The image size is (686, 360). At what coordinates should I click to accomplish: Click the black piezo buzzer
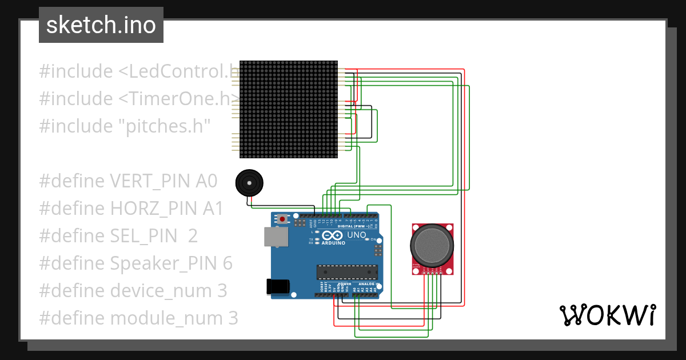[250, 183]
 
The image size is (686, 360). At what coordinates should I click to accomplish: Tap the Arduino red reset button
[282, 219]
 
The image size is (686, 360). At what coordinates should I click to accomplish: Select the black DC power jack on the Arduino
[277, 286]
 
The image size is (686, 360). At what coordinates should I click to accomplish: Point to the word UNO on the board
[357, 235]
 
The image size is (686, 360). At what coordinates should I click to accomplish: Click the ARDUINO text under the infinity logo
[333, 243]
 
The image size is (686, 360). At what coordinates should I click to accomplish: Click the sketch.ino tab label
[101, 25]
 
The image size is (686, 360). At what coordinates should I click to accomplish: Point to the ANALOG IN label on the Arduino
[368, 284]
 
